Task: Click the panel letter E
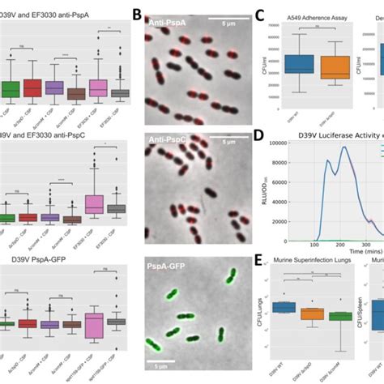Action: [260, 261]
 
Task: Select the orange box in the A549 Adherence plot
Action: [334, 67]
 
